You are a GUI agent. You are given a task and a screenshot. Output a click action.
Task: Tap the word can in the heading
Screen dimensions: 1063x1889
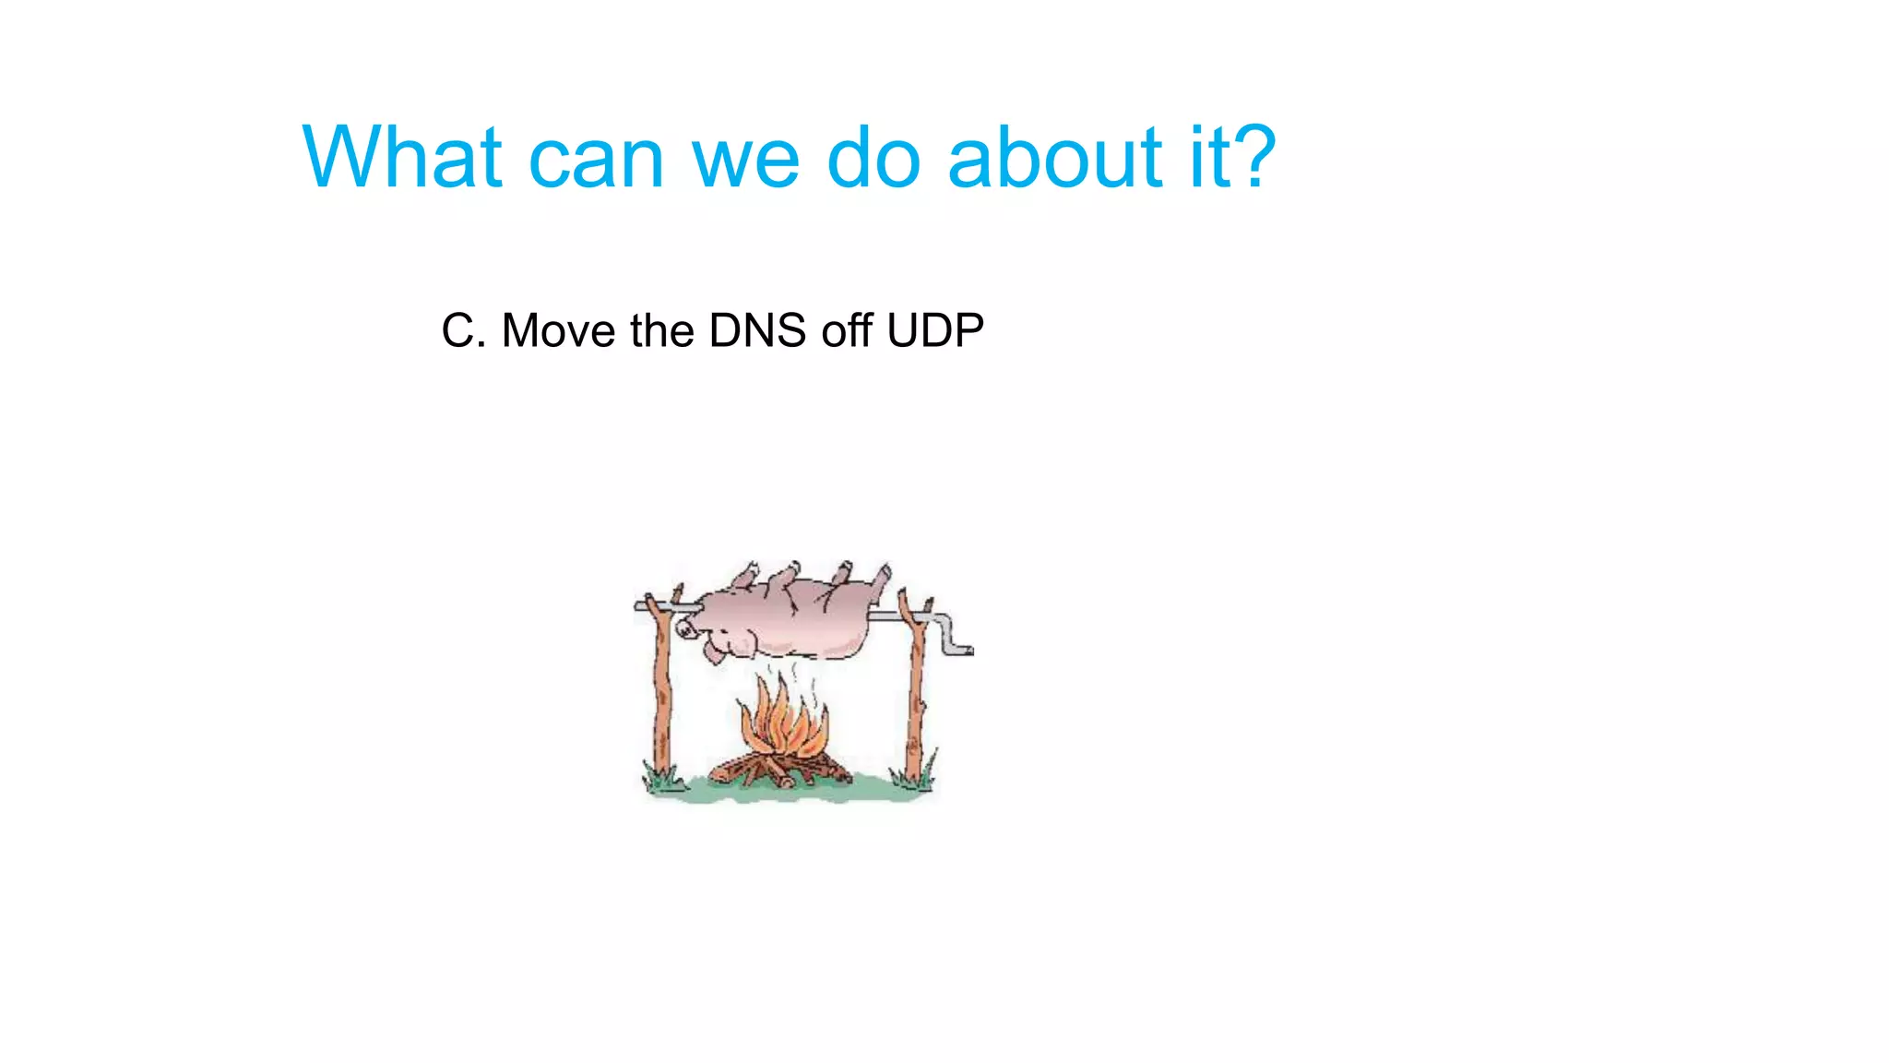(595, 159)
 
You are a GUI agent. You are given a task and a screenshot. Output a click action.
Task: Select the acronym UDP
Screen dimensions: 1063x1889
(934, 330)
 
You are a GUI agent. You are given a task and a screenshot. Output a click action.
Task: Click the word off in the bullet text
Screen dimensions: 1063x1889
(847, 330)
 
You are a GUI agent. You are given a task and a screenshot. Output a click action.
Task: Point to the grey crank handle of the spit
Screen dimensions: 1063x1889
(950, 635)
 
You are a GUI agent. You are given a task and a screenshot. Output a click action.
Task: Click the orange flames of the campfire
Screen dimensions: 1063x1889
(781, 720)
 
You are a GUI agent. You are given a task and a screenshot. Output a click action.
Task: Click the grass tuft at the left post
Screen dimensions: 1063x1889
(662, 781)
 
